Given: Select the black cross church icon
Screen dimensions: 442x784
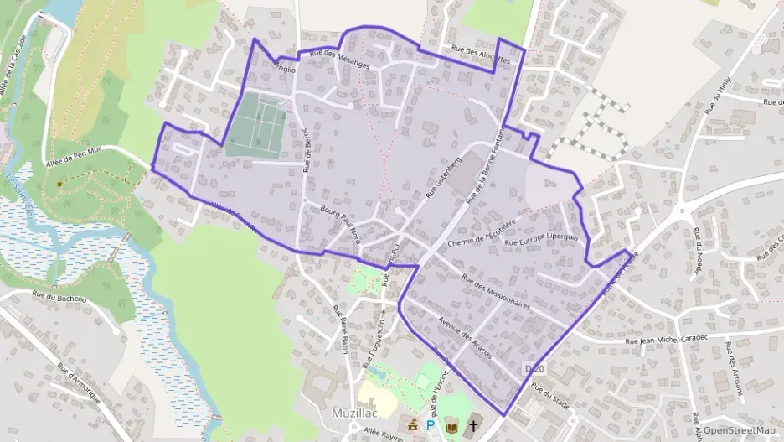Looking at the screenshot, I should click(x=473, y=425).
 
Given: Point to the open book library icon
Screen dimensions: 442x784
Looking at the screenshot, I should click(x=451, y=426).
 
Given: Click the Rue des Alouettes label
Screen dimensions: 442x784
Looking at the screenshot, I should click(x=479, y=55).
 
